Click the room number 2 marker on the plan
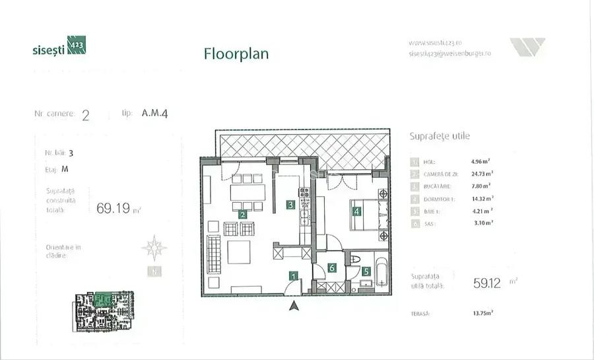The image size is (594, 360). click(x=242, y=214)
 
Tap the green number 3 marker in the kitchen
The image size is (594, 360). click(x=290, y=205)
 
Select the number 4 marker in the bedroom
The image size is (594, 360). click(x=356, y=212)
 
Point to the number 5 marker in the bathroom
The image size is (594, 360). click(x=366, y=271)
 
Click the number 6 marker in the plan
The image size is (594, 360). click(x=332, y=268)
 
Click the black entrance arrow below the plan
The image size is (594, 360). click(x=294, y=305)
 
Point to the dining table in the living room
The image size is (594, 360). click(x=246, y=192)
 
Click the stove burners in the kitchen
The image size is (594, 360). click(x=304, y=194)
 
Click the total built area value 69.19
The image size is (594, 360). click(x=113, y=209)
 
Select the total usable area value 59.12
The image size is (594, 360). click(x=487, y=283)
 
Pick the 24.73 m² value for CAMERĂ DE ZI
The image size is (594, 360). click(x=482, y=173)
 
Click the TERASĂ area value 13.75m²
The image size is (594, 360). click(x=483, y=314)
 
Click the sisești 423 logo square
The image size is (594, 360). click(x=77, y=46)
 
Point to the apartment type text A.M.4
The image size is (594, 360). click(x=154, y=113)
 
